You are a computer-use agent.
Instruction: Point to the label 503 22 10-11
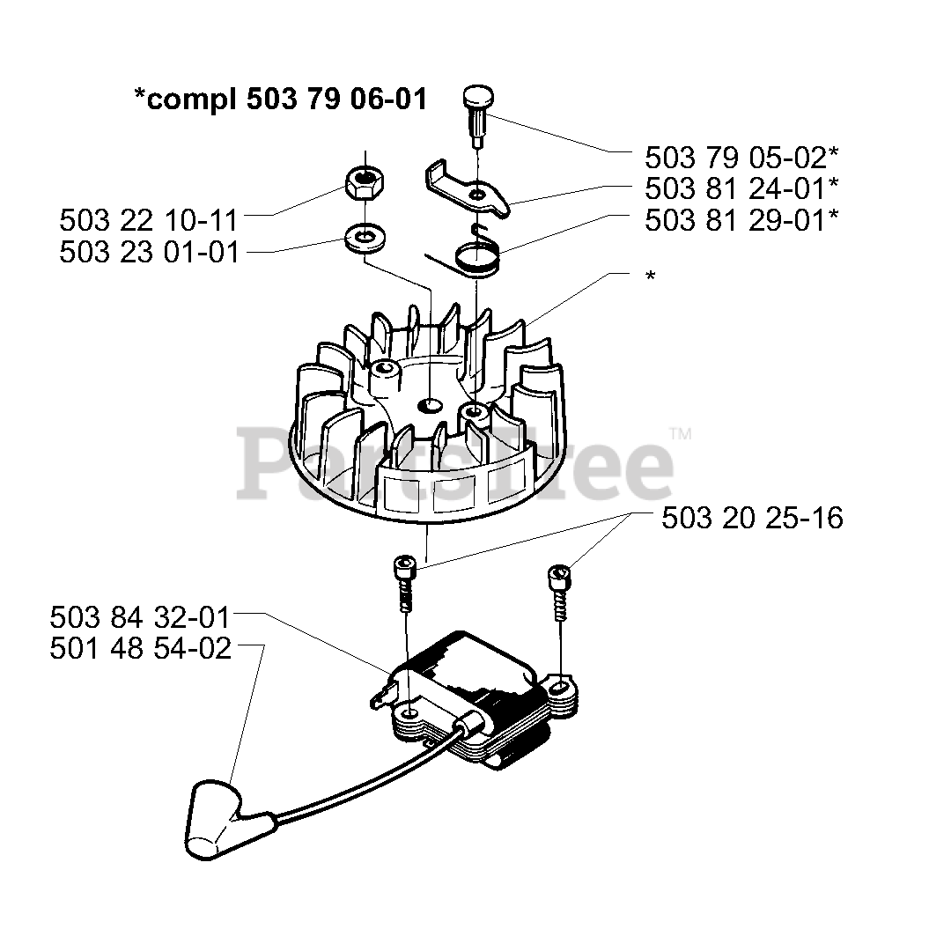[x=149, y=219]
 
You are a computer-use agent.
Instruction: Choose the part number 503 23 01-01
[x=149, y=252]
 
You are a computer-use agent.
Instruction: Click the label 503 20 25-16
[x=752, y=518]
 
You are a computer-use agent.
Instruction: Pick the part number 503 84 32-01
[x=140, y=616]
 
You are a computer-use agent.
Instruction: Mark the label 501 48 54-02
[x=140, y=649]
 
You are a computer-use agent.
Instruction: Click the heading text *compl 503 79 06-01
[x=281, y=100]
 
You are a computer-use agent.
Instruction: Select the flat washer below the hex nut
[x=361, y=238]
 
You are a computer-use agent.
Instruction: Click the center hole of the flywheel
[x=431, y=406]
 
